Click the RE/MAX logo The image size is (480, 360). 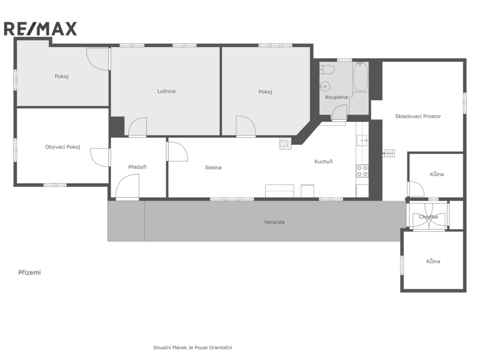(x=40, y=29)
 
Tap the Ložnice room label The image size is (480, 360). (x=166, y=91)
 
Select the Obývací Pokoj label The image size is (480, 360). (x=63, y=147)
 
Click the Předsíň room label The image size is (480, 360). (x=137, y=167)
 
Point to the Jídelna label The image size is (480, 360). (x=213, y=167)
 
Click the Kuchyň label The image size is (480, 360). (x=323, y=162)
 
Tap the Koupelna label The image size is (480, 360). (x=337, y=97)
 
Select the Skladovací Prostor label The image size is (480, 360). (x=418, y=116)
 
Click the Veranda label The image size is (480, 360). (x=275, y=222)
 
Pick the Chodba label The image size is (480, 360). (x=428, y=217)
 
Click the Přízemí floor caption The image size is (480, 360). (x=30, y=273)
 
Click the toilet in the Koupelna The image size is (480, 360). (x=327, y=70)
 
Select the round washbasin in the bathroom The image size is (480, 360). (x=324, y=87)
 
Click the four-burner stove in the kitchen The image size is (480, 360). (x=362, y=171)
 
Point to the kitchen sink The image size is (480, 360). (x=362, y=140)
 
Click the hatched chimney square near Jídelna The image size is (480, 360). (x=285, y=143)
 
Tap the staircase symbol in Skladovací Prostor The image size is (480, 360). (x=389, y=153)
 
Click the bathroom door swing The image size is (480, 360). (x=339, y=112)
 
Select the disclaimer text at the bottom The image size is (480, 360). (x=193, y=348)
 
